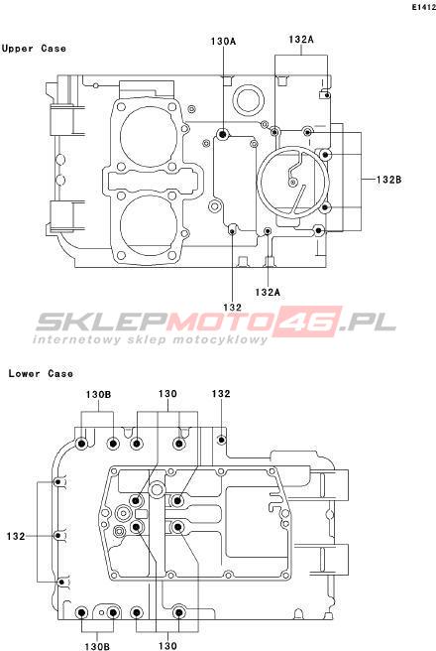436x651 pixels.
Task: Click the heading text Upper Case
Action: point(34,49)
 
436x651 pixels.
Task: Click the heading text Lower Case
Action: point(41,373)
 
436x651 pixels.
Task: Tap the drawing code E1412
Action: point(423,7)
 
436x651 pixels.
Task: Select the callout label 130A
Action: point(223,41)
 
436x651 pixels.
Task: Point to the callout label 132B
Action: point(389,180)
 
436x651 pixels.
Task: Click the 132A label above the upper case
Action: point(301,40)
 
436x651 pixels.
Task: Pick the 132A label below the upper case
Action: point(268,293)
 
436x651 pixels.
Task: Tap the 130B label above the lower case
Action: point(98,394)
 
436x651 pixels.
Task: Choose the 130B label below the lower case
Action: point(97,646)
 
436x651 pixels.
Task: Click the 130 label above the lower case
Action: point(167,394)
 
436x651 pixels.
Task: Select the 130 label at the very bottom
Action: point(167,646)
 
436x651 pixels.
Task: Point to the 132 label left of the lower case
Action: point(16,536)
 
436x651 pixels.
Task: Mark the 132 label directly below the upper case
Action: point(232,308)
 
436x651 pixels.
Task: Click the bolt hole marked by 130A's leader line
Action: point(223,134)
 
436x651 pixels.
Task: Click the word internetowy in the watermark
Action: point(76,340)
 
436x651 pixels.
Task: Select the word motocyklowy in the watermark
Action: point(220,340)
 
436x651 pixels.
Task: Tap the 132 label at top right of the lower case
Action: point(221,394)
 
